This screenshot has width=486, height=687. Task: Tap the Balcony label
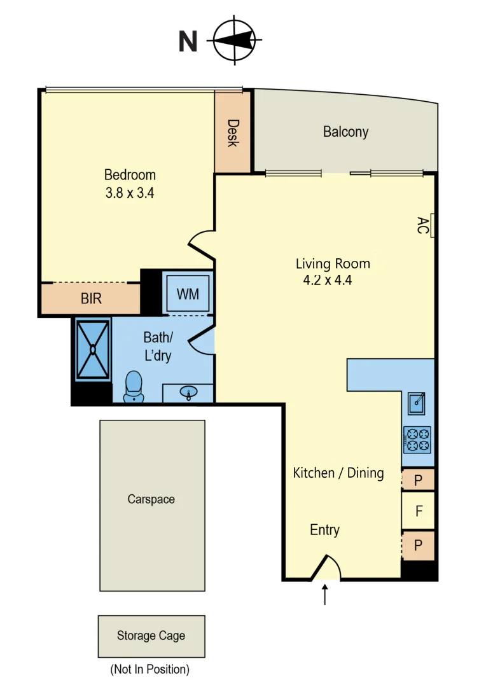click(x=345, y=132)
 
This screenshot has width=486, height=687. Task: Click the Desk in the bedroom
click(x=233, y=132)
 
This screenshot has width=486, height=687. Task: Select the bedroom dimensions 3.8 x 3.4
click(x=130, y=193)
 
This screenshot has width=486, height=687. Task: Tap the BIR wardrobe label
click(x=91, y=298)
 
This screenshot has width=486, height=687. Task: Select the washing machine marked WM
click(x=188, y=294)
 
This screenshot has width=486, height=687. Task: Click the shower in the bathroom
click(x=93, y=349)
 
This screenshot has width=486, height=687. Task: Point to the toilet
click(x=134, y=387)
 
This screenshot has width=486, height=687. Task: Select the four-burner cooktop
click(x=417, y=440)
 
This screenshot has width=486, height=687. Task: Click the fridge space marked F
click(x=419, y=511)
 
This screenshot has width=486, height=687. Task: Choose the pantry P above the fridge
click(x=418, y=480)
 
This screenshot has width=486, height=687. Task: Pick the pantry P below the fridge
click(x=418, y=546)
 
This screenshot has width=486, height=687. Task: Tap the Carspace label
click(x=151, y=499)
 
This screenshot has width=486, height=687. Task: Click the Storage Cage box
click(x=151, y=635)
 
